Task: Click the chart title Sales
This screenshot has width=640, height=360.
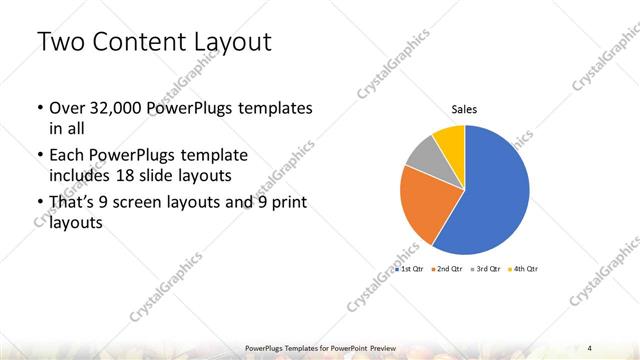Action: (x=464, y=108)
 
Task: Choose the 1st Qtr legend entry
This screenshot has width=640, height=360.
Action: (x=411, y=270)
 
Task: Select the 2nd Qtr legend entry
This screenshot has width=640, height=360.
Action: (x=449, y=270)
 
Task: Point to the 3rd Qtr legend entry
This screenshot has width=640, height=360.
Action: (x=487, y=270)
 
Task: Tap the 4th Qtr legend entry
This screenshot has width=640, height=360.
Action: (x=524, y=270)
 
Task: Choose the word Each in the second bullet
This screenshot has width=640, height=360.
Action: (x=66, y=156)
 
